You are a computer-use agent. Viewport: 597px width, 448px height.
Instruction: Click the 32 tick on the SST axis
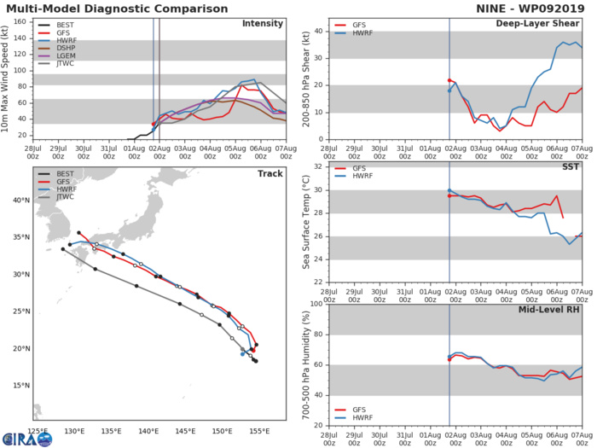pyautogui.click(x=317, y=166)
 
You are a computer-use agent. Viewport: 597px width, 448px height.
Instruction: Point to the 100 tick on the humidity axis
pyautogui.click(x=315, y=303)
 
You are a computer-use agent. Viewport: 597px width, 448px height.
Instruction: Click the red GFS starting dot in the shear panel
pyautogui.click(x=449, y=80)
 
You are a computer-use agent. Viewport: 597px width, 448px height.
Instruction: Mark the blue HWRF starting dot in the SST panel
pyautogui.click(x=449, y=190)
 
